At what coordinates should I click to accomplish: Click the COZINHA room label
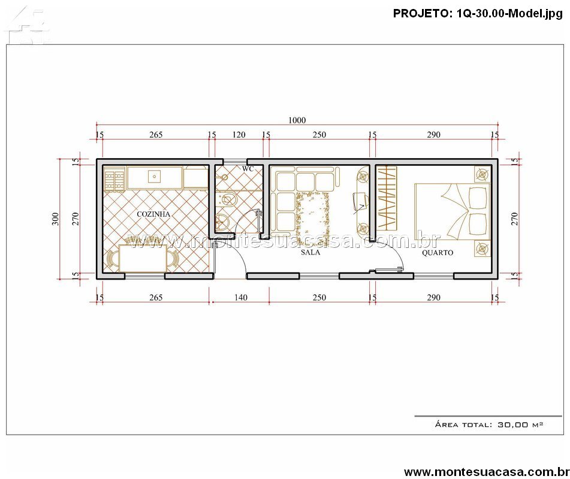point(153,214)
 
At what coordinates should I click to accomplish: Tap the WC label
point(248,169)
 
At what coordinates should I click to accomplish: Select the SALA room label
point(310,252)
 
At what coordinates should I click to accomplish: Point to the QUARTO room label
point(438,253)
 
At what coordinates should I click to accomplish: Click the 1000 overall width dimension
point(297,120)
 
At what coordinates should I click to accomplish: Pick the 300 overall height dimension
point(55,219)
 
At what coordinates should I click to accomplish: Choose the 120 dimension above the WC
point(239,135)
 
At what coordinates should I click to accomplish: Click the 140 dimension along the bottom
point(241,298)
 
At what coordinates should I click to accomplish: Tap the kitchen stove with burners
point(114,178)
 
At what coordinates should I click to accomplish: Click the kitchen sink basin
point(155,177)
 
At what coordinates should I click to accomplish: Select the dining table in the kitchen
point(143,258)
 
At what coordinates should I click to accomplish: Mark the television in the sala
point(360,201)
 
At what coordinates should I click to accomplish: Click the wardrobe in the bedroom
point(387,198)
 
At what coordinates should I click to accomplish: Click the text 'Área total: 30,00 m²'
point(489,424)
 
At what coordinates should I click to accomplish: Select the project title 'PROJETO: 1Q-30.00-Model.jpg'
point(478,14)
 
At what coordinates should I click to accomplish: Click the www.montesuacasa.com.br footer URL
point(487,472)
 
